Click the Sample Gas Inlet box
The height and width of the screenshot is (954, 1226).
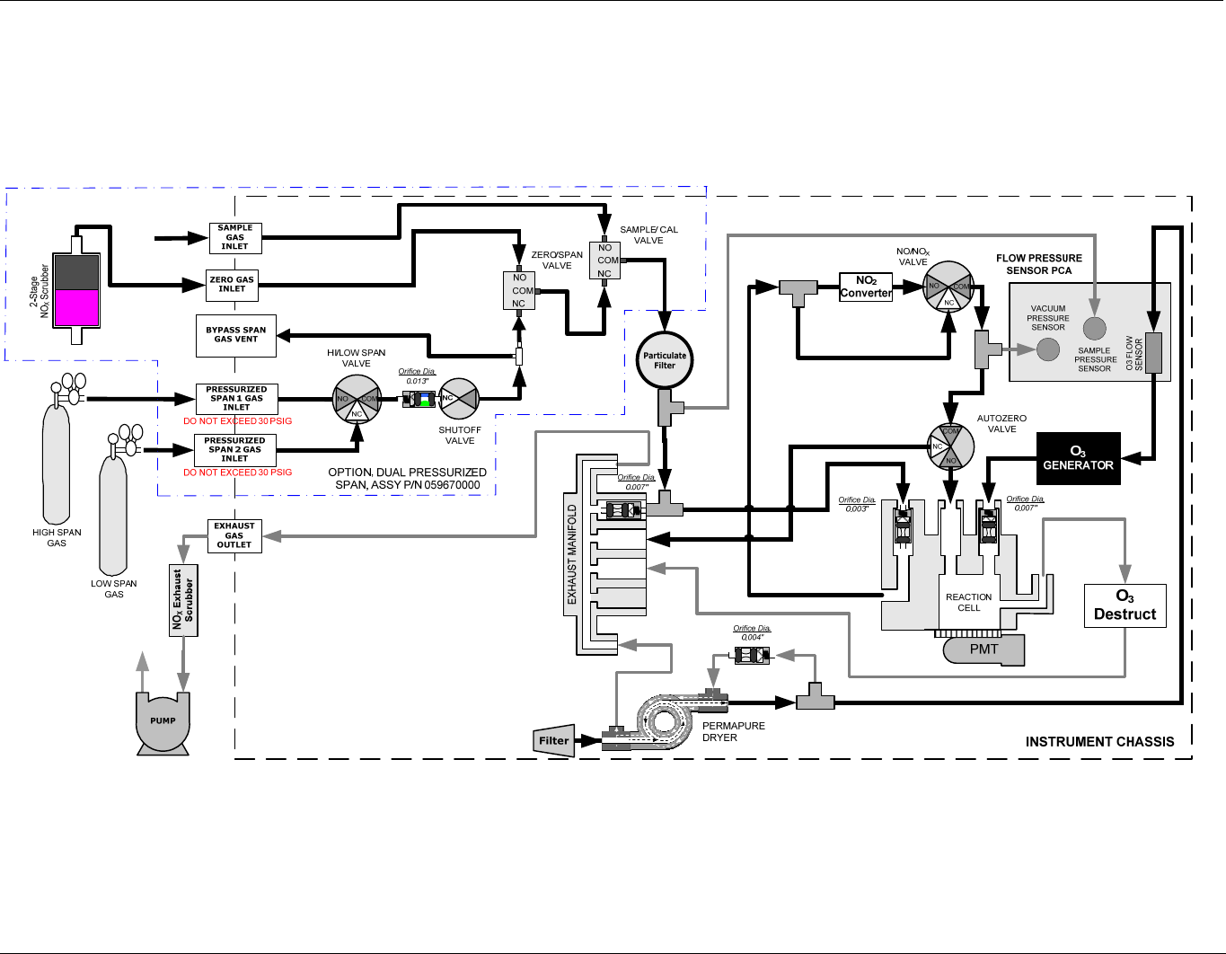pyautogui.click(x=235, y=237)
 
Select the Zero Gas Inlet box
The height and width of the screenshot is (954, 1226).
pyautogui.click(x=232, y=285)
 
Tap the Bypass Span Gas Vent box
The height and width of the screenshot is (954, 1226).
pyautogui.click(x=235, y=335)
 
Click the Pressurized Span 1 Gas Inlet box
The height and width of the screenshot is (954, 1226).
pyautogui.click(x=236, y=398)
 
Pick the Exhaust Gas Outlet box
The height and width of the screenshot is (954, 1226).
pyautogui.click(x=234, y=535)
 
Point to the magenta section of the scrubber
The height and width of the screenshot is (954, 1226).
pyautogui.click(x=76, y=307)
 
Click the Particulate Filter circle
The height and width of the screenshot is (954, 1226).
pyautogui.click(x=665, y=360)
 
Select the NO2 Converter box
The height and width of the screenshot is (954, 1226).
pyautogui.click(x=866, y=287)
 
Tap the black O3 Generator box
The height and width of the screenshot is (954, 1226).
pyautogui.click(x=1078, y=459)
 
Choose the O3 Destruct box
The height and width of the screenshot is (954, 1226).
pyautogui.click(x=1125, y=605)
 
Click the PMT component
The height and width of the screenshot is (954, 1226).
pyautogui.click(x=983, y=649)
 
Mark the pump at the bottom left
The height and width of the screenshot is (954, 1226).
pyautogui.click(x=163, y=721)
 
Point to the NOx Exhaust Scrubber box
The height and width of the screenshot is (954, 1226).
pyautogui.click(x=183, y=600)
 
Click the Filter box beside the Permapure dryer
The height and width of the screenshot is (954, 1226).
pyautogui.click(x=553, y=740)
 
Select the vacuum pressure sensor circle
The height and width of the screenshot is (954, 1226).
pyautogui.click(x=1048, y=349)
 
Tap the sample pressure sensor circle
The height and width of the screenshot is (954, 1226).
pyautogui.click(x=1094, y=329)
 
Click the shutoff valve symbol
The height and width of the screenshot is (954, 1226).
pyautogui.click(x=459, y=399)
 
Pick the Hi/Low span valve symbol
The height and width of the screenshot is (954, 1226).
pyautogui.click(x=357, y=399)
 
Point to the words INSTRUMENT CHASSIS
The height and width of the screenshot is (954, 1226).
pyautogui.click(x=1099, y=742)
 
